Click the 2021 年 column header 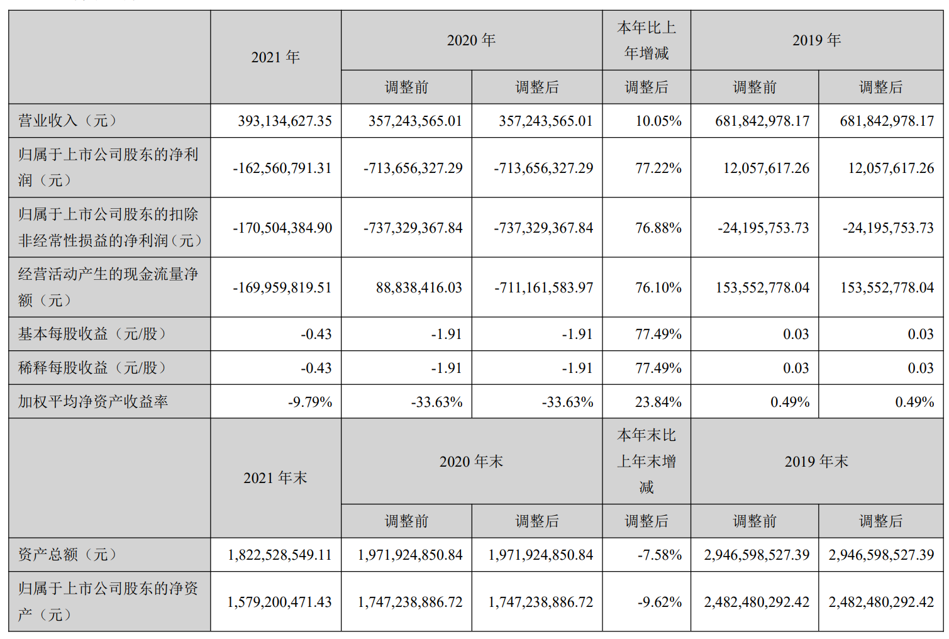(x=275, y=57)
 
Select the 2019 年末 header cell (x=816, y=462)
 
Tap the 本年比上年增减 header (x=647, y=40)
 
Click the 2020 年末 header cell (x=471, y=462)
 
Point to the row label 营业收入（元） (x=67, y=121)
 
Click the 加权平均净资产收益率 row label (x=93, y=402)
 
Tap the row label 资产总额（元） (x=67, y=555)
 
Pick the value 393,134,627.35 (x=284, y=121)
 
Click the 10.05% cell (x=658, y=121)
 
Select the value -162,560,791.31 (x=282, y=168)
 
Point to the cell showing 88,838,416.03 (x=419, y=287)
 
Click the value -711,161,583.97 (x=543, y=287)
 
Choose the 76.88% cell (x=658, y=228)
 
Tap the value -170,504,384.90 (x=282, y=228)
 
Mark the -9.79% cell (x=309, y=402)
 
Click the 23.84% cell (x=658, y=402)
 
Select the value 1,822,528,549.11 (x=279, y=555)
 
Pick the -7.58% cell (x=659, y=555)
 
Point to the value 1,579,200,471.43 (x=279, y=602)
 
